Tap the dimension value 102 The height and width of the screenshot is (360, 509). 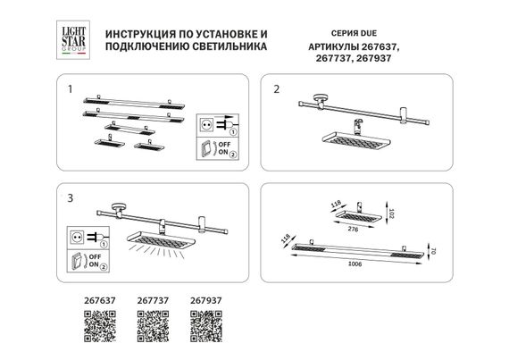[391, 216]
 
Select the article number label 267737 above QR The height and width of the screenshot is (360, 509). [152, 301]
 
